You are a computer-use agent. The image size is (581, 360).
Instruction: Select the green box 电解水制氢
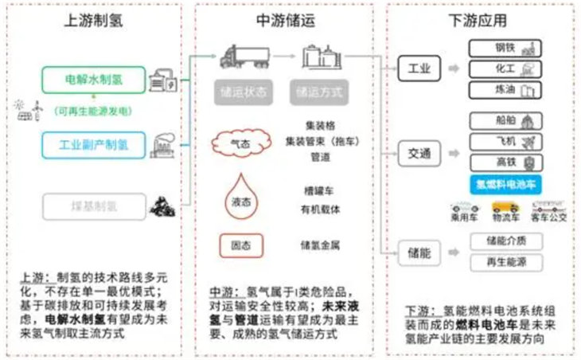[94, 80]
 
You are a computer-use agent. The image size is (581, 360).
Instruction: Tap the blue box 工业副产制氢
[94, 146]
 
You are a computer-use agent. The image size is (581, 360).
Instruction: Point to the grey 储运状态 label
[239, 92]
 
